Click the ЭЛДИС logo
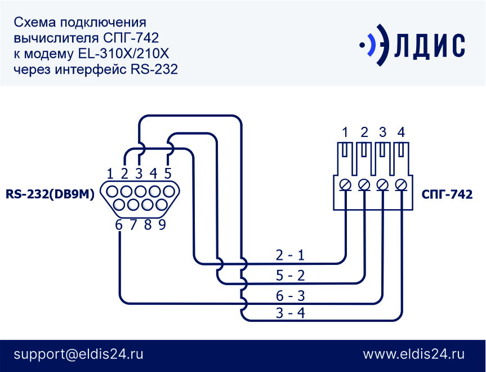(412, 45)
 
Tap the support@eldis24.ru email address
(78, 354)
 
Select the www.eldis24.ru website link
(414, 354)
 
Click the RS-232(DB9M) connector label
(50, 194)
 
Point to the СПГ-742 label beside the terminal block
(447, 194)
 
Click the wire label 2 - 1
(290, 255)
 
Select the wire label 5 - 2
(290, 275)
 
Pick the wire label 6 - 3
(290, 296)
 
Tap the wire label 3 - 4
(290, 313)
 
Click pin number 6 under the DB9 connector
(119, 225)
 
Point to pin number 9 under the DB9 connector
(162, 225)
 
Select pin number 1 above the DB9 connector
(110, 174)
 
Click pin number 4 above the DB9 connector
(153, 174)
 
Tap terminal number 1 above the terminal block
(345, 132)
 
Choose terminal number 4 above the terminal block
(401, 132)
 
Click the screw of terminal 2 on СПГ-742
(364, 185)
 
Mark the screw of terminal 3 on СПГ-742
(382, 185)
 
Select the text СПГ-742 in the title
(131, 38)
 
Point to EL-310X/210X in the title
(123, 54)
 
